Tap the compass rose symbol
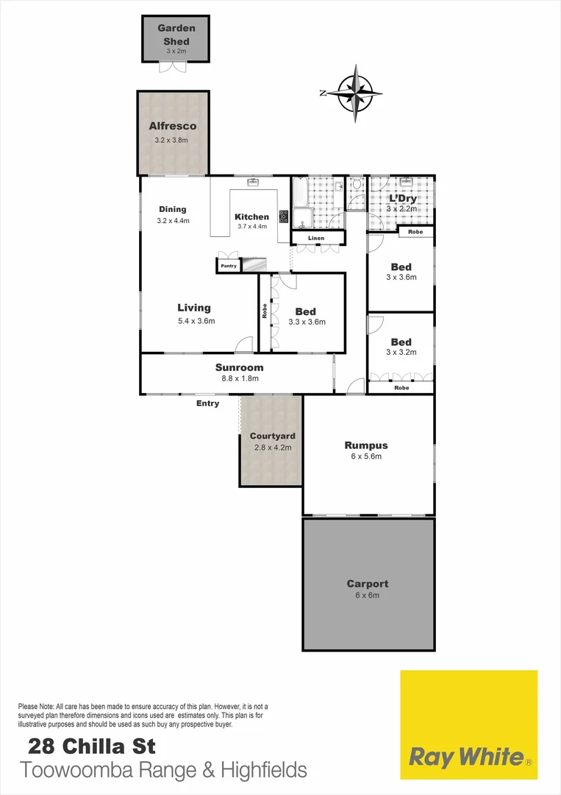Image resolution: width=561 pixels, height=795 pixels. click(355, 93)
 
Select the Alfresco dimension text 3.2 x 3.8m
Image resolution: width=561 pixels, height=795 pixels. click(171, 140)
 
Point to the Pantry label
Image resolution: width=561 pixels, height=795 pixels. click(229, 266)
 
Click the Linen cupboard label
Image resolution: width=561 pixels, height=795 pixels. click(316, 238)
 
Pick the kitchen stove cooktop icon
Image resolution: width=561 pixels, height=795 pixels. click(284, 216)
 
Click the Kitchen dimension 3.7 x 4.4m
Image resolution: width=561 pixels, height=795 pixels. click(252, 227)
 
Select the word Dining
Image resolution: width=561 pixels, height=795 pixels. click(172, 209)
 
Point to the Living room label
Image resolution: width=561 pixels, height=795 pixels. click(194, 308)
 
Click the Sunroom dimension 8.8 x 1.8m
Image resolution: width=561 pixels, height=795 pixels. click(239, 378)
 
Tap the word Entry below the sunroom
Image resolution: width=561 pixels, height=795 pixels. click(207, 403)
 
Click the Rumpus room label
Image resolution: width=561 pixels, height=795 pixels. click(366, 445)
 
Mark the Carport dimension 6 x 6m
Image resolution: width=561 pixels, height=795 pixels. click(368, 595)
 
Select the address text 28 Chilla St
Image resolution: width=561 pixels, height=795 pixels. click(92, 746)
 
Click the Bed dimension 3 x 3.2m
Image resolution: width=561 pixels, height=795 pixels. click(401, 352)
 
